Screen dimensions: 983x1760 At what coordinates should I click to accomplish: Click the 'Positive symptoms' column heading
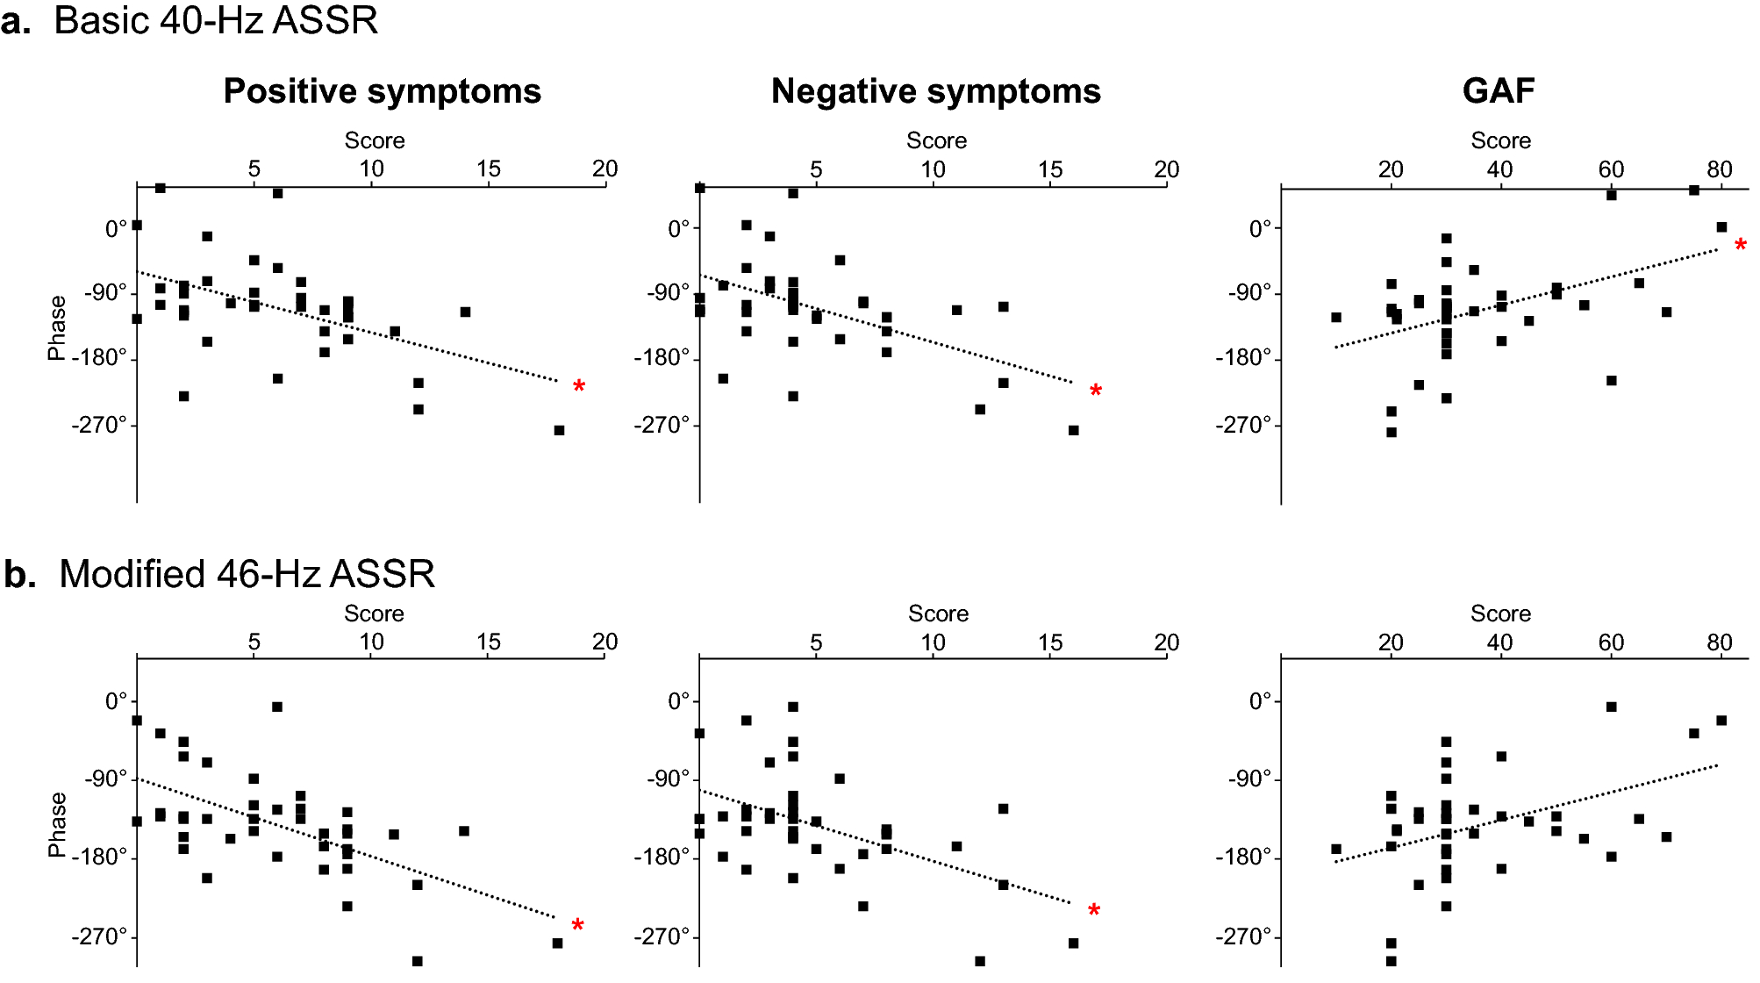(x=382, y=91)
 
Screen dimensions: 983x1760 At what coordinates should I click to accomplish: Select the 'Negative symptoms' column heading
(x=935, y=91)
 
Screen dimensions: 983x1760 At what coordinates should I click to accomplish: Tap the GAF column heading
(x=1499, y=91)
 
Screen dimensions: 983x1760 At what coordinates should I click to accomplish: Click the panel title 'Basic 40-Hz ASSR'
(x=216, y=21)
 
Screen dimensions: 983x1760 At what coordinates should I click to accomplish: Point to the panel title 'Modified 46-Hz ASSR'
(x=247, y=574)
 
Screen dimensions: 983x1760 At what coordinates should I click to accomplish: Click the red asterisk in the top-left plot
(x=579, y=387)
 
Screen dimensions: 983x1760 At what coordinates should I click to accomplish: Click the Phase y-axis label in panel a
(x=57, y=327)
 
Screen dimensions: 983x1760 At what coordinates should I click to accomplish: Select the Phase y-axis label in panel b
(x=57, y=824)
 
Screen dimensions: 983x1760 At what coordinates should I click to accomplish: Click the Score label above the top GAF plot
(x=1500, y=140)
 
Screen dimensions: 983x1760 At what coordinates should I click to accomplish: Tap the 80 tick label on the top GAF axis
(x=1720, y=169)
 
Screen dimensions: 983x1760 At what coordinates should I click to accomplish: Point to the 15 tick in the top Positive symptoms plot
(x=489, y=169)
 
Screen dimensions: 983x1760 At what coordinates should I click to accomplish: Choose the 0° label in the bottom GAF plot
(x=1260, y=701)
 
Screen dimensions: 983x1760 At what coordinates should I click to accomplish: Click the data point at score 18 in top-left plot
(x=559, y=430)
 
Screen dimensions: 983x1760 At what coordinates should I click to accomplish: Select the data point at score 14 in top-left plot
(x=465, y=312)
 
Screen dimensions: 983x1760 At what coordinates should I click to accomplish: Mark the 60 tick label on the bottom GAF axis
(x=1611, y=642)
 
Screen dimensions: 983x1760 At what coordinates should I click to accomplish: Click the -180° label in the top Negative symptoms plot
(x=662, y=358)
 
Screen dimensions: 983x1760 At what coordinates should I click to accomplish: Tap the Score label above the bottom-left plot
(x=374, y=613)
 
